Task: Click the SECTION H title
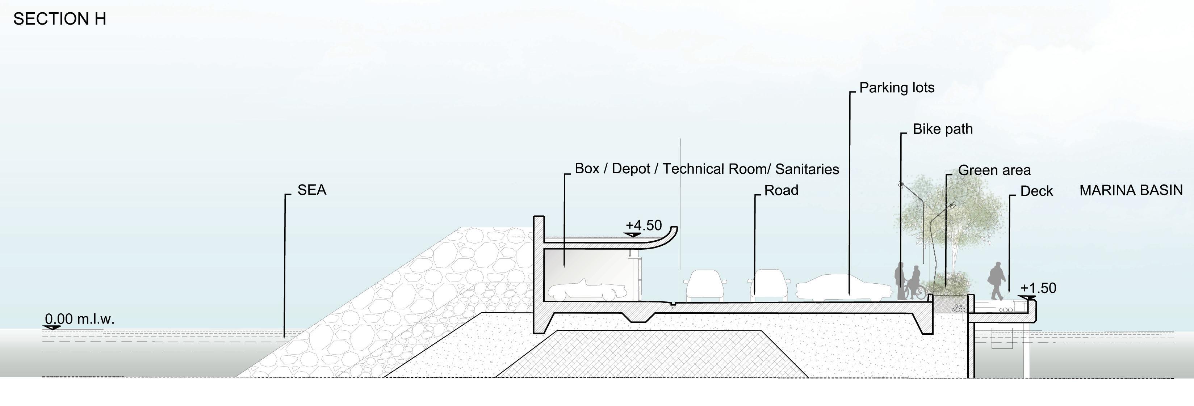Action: (x=60, y=19)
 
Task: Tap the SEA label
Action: (x=311, y=190)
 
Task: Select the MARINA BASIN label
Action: (x=1131, y=190)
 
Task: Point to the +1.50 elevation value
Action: (x=1038, y=288)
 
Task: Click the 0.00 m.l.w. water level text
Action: (x=79, y=319)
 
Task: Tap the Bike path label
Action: (x=942, y=129)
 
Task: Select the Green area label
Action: (x=994, y=170)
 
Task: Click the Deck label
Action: (x=1036, y=191)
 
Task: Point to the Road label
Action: (x=781, y=190)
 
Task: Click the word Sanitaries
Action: (x=807, y=169)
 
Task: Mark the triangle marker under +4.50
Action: (x=632, y=235)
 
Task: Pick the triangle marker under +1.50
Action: (x=1027, y=297)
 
